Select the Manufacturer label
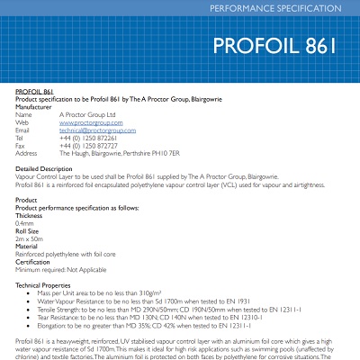click(35, 107)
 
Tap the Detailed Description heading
click(44, 168)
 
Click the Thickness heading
click(30, 216)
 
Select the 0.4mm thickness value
click(26, 223)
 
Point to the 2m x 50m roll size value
click(31, 238)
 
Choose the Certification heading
click(34, 262)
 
